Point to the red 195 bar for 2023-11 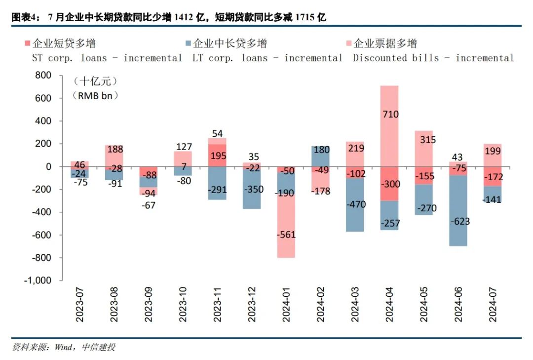[x=218, y=155]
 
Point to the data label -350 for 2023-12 [x=252, y=189]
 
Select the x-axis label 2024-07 [x=493, y=306]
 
